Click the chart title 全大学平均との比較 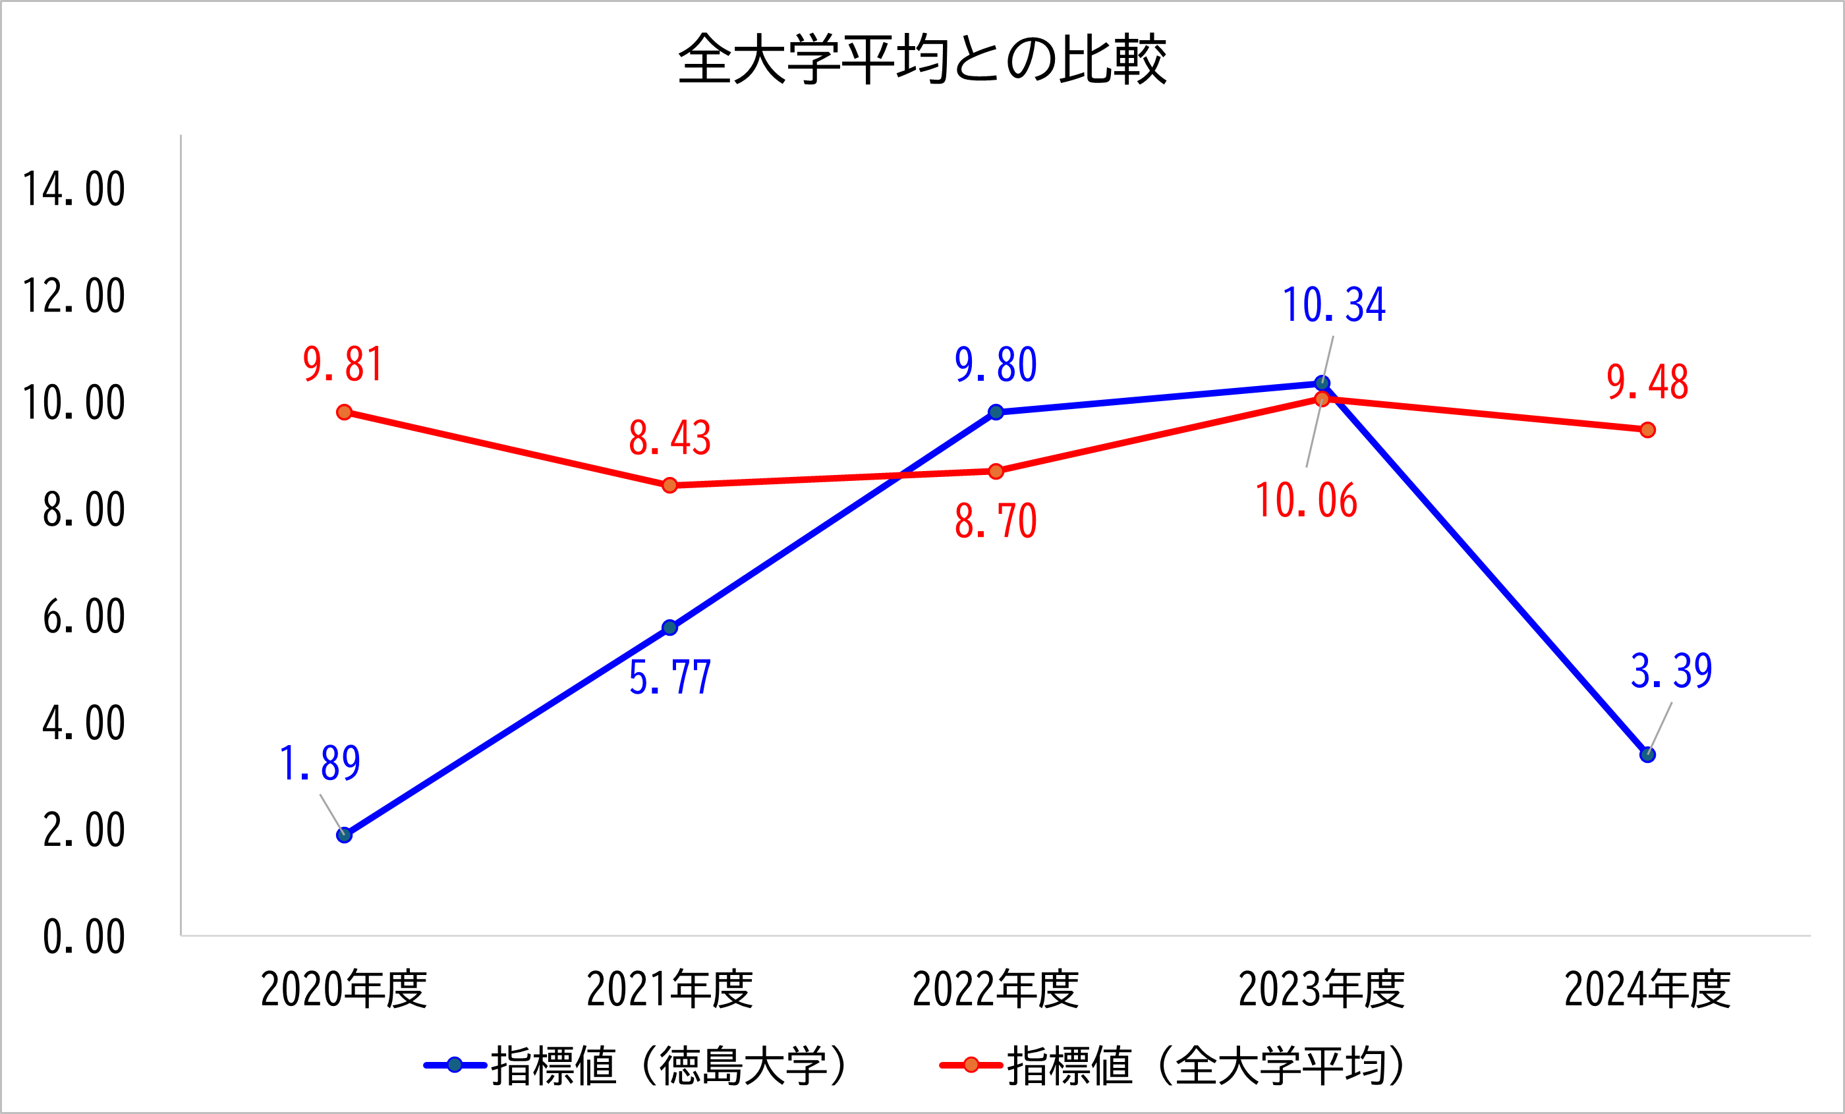(922, 59)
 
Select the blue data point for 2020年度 (345, 835)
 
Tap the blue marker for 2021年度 (670, 627)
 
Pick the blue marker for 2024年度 (1647, 755)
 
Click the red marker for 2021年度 (670, 485)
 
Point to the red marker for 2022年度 (996, 471)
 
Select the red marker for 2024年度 (1647, 430)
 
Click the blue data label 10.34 (1334, 306)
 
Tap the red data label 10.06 (1306, 501)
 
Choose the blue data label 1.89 (320, 764)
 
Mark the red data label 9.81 (344, 364)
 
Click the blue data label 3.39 (1671, 671)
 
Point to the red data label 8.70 (996, 521)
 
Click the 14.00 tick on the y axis (73, 188)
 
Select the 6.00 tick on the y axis (83, 617)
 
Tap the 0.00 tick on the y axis (83, 937)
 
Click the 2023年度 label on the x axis (1322, 989)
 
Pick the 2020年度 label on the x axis (344, 989)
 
